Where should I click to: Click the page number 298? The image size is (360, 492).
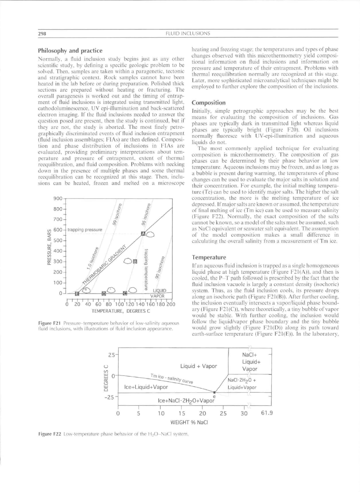pos(42,33)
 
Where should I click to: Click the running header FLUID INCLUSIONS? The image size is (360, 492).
pos(188,33)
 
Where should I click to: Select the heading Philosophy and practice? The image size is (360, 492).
pos(70,51)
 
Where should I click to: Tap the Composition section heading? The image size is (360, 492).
pos(209,103)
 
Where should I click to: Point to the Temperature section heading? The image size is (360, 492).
pos(209,257)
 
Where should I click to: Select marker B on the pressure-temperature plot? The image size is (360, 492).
pos(135,262)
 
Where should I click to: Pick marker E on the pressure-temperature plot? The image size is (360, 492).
pos(77,294)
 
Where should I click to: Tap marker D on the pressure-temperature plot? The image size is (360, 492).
pos(104,294)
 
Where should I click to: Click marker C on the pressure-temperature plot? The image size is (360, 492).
pos(125,294)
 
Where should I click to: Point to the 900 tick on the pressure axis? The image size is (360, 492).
pos(58,198)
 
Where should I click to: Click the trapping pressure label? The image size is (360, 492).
pos(85,230)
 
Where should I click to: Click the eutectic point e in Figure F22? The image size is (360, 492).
pos(214,392)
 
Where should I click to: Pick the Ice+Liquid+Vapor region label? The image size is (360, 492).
pos(146,387)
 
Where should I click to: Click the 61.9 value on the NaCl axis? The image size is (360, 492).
pos(267,413)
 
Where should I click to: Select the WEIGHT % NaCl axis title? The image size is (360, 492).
pos(189,422)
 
